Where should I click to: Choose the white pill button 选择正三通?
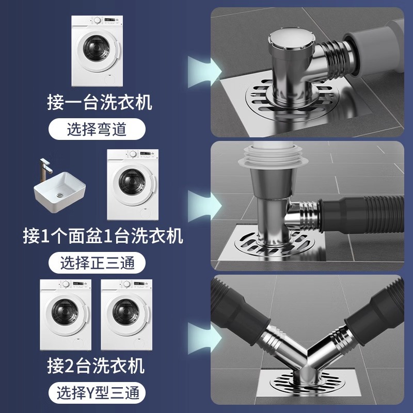[98, 264]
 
